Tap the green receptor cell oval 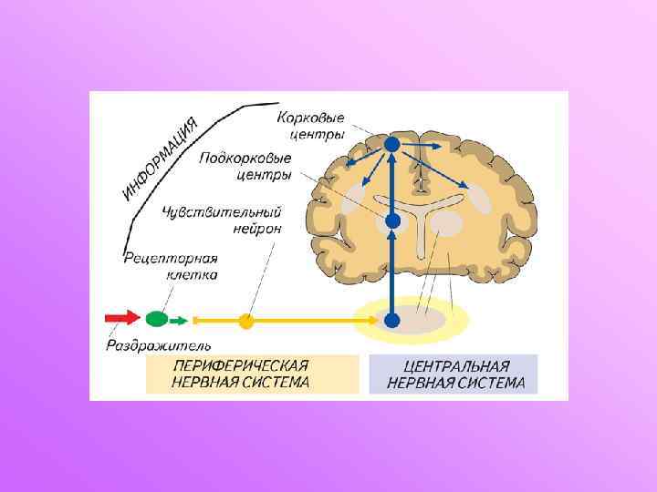157,319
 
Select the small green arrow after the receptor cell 181,320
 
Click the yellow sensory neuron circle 245,321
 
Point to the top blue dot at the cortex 391,144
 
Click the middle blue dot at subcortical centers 392,220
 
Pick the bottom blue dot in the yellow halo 392,320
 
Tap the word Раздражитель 159,345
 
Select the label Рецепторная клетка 171,266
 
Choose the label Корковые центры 312,126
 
